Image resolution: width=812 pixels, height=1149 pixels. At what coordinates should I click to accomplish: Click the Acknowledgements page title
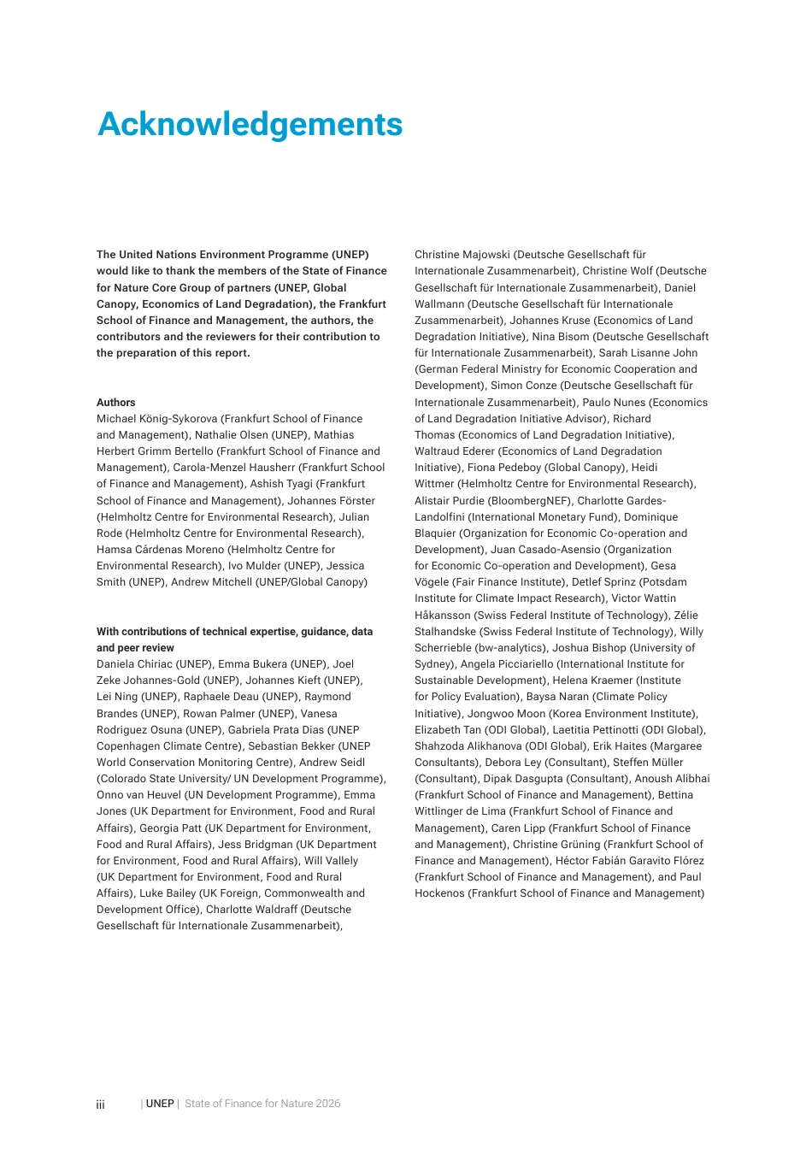tap(250, 125)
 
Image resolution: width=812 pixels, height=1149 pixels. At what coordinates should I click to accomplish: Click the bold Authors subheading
tap(116, 403)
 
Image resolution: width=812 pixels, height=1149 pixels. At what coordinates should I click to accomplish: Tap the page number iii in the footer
tap(100, 1105)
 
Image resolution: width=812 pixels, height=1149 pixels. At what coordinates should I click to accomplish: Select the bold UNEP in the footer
tap(160, 1104)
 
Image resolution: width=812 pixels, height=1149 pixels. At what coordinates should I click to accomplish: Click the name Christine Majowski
tap(462, 255)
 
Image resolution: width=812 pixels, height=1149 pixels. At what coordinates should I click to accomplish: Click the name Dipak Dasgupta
tap(523, 779)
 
